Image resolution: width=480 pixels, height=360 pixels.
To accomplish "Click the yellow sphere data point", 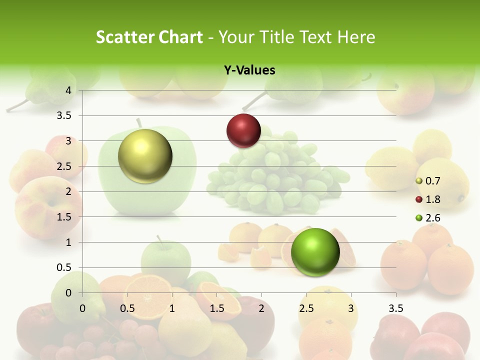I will coord(145,156).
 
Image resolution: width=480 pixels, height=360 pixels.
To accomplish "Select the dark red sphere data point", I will coord(243,130).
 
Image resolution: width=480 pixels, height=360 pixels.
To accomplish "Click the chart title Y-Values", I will coord(249,70).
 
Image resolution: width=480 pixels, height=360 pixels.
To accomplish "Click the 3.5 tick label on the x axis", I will coord(395,308).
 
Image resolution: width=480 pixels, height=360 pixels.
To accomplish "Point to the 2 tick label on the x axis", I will coord(261,308).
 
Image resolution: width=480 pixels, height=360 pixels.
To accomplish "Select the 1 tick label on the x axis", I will coord(172,308).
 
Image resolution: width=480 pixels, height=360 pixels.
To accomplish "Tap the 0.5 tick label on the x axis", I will coord(127,308).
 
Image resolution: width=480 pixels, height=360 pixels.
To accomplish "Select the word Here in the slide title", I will coord(356,37).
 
